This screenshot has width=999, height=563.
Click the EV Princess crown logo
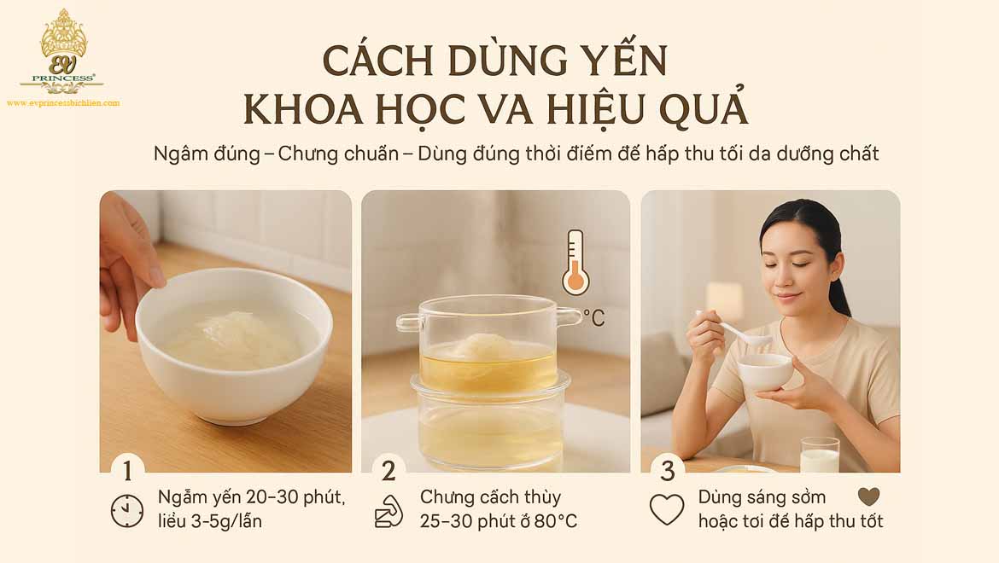pyautogui.click(x=63, y=51)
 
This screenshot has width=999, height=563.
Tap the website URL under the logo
pyautogui.click(x=63, y=103)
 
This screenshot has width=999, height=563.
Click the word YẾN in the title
pyautogui.click(x=618, y=61)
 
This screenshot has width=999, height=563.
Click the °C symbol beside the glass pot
pyautogui.click(x=593, y=318)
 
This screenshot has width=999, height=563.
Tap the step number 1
pyautogui.click(x=127, y=470)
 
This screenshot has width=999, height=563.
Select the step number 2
pyautogui.click(x=388, y=470)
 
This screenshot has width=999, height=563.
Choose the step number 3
pyautogui.click(x=668, y=470)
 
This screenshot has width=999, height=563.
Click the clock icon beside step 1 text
pyautogui.click(x=127, y=510)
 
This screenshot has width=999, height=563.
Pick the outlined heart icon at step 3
pyautogui.click(x=667, y=510)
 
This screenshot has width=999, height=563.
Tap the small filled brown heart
pyautogui.click(x=868, y=497)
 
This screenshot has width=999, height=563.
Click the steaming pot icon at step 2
pyautogui.click(x=389, y=510)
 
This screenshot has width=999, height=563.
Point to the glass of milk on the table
pyautogui.click(x=820, y=456)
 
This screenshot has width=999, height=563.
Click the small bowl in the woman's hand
pyautogui.click(x=765, y=372)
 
